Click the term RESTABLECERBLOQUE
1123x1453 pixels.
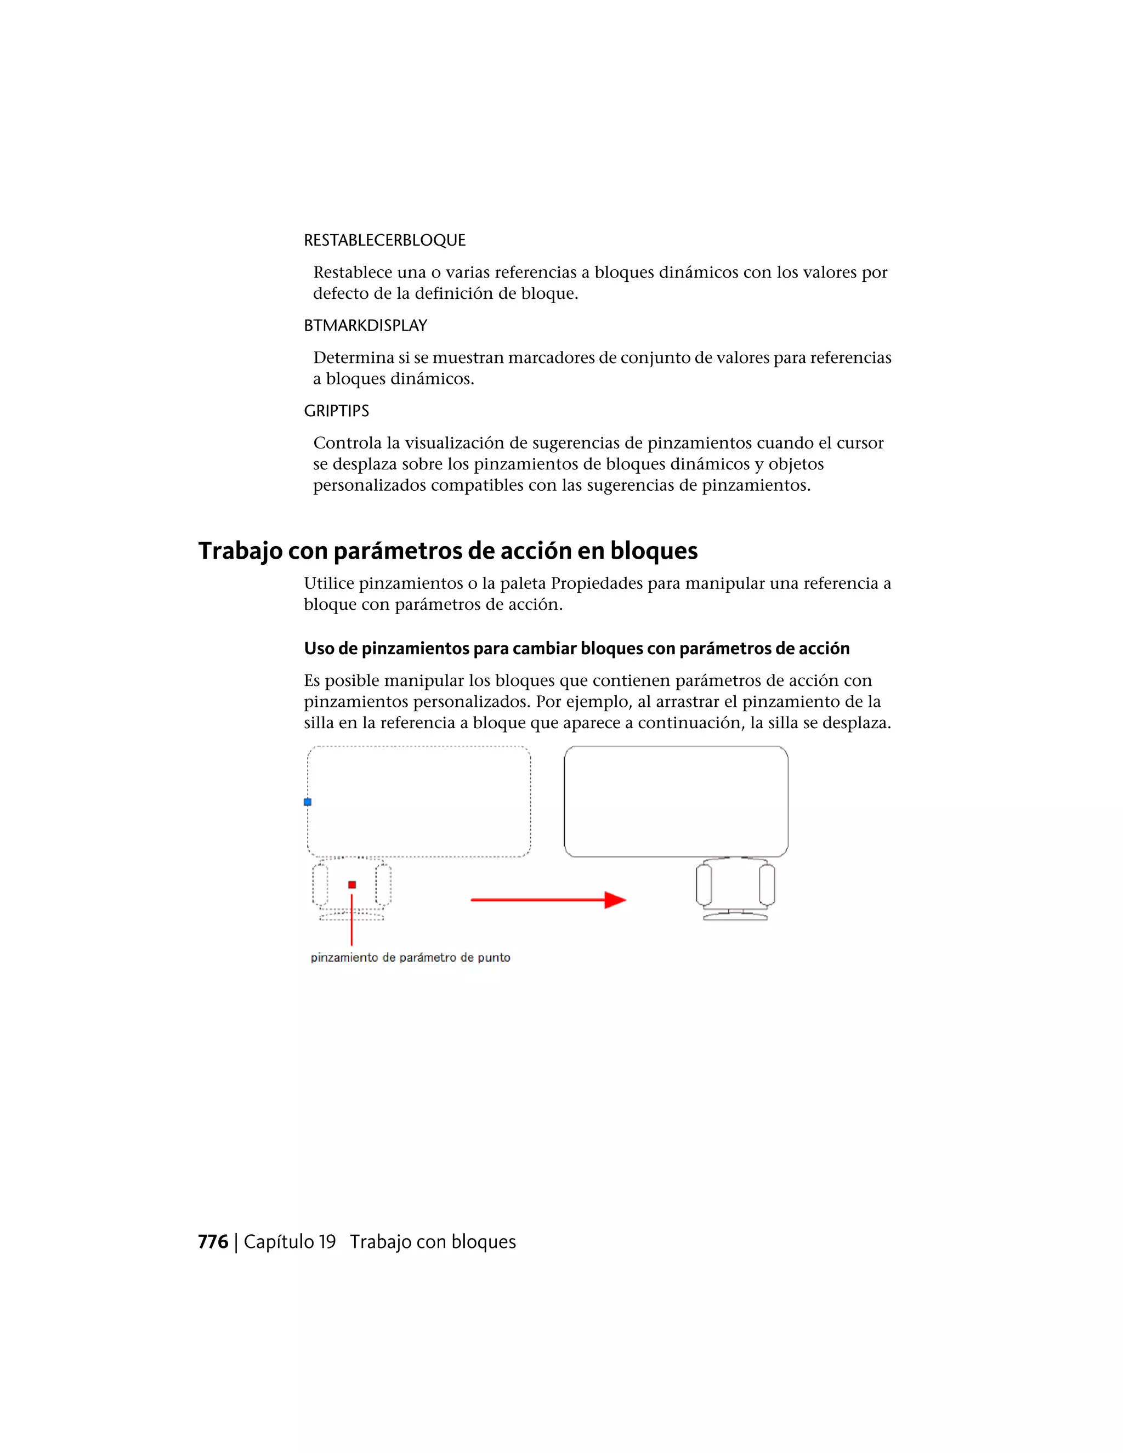(384, 240)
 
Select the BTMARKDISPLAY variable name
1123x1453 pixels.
(365, 325)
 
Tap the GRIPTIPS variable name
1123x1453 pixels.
(336, 411)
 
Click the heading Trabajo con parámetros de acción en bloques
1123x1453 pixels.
(448, 551)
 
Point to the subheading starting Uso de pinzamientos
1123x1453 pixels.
(576, 648)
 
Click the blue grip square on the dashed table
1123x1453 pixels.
(308, 802)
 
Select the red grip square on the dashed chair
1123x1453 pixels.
(352, 884)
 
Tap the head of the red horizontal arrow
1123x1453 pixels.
(615, 900)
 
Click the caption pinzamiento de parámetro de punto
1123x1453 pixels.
(411, 957)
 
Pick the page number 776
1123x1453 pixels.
(213, 1241)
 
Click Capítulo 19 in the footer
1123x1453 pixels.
(290, 1241)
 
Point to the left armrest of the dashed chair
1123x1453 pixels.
(320, 885)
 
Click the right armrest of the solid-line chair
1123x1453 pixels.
(767, 885)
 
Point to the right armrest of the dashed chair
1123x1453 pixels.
(383, 885)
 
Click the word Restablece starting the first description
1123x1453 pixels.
(353, 272)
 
